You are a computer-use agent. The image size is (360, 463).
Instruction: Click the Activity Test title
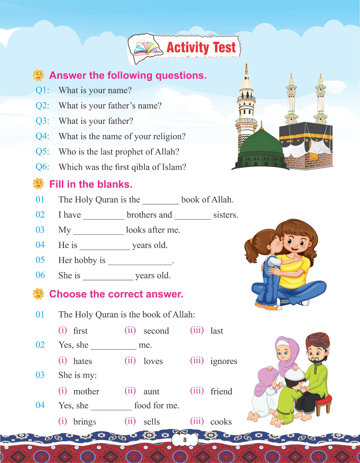(x=201, y=47)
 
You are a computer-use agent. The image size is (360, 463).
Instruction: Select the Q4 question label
(x=42, y=136)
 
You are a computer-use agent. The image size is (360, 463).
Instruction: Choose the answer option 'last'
(x=217, y=331)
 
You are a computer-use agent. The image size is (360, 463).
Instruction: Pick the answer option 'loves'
(x=153, y=361)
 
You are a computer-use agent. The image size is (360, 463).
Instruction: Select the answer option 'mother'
(x=86, y=392)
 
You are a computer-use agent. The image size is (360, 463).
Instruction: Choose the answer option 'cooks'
(x=221, y=422)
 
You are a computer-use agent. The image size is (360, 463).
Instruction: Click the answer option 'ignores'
(x=224, y=361)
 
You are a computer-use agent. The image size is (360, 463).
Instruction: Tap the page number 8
(x=185, y=440)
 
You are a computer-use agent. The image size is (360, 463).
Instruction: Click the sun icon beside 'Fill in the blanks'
(x=38, y=184)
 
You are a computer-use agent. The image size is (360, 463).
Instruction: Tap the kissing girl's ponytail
(x=249, y=249)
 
